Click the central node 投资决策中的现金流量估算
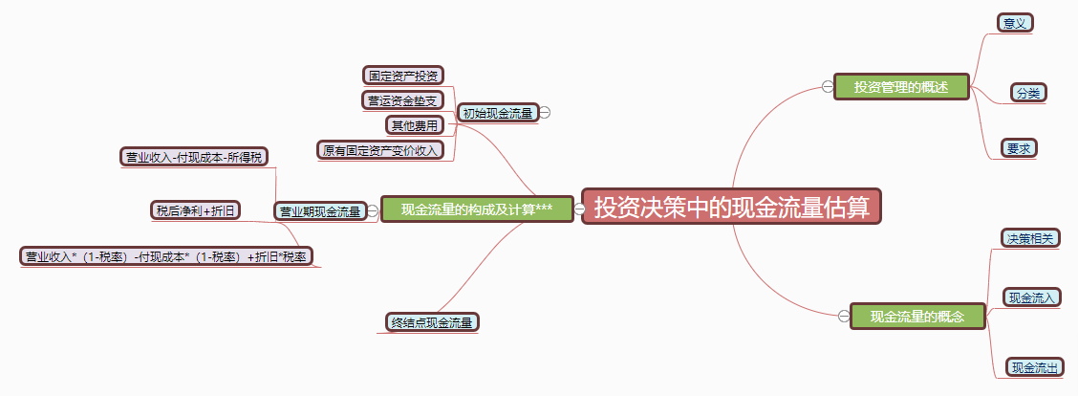[x=731, y=207]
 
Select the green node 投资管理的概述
[x=901, y=87]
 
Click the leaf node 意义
[x=1015, y=23]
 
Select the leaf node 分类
[x=1028, y=93]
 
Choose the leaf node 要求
[x=1020, y=148]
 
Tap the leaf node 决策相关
[x=1029, y=238]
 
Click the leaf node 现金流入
[x=1032, y=297]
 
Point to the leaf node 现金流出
[x=1037, y=367]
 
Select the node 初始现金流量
[x=497, y=113]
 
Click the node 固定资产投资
[x=404, y=75]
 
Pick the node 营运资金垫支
[x=402, y=99]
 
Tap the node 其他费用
[x=414, y=124]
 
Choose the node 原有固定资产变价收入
[x=379, y=150]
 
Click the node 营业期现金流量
[x=319, y=210]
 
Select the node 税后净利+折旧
[x=196, y=209]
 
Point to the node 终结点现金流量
[x=432, y=322]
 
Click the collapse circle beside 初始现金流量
[x=545, y=113]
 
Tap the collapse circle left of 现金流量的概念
[x=843, y=316]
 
